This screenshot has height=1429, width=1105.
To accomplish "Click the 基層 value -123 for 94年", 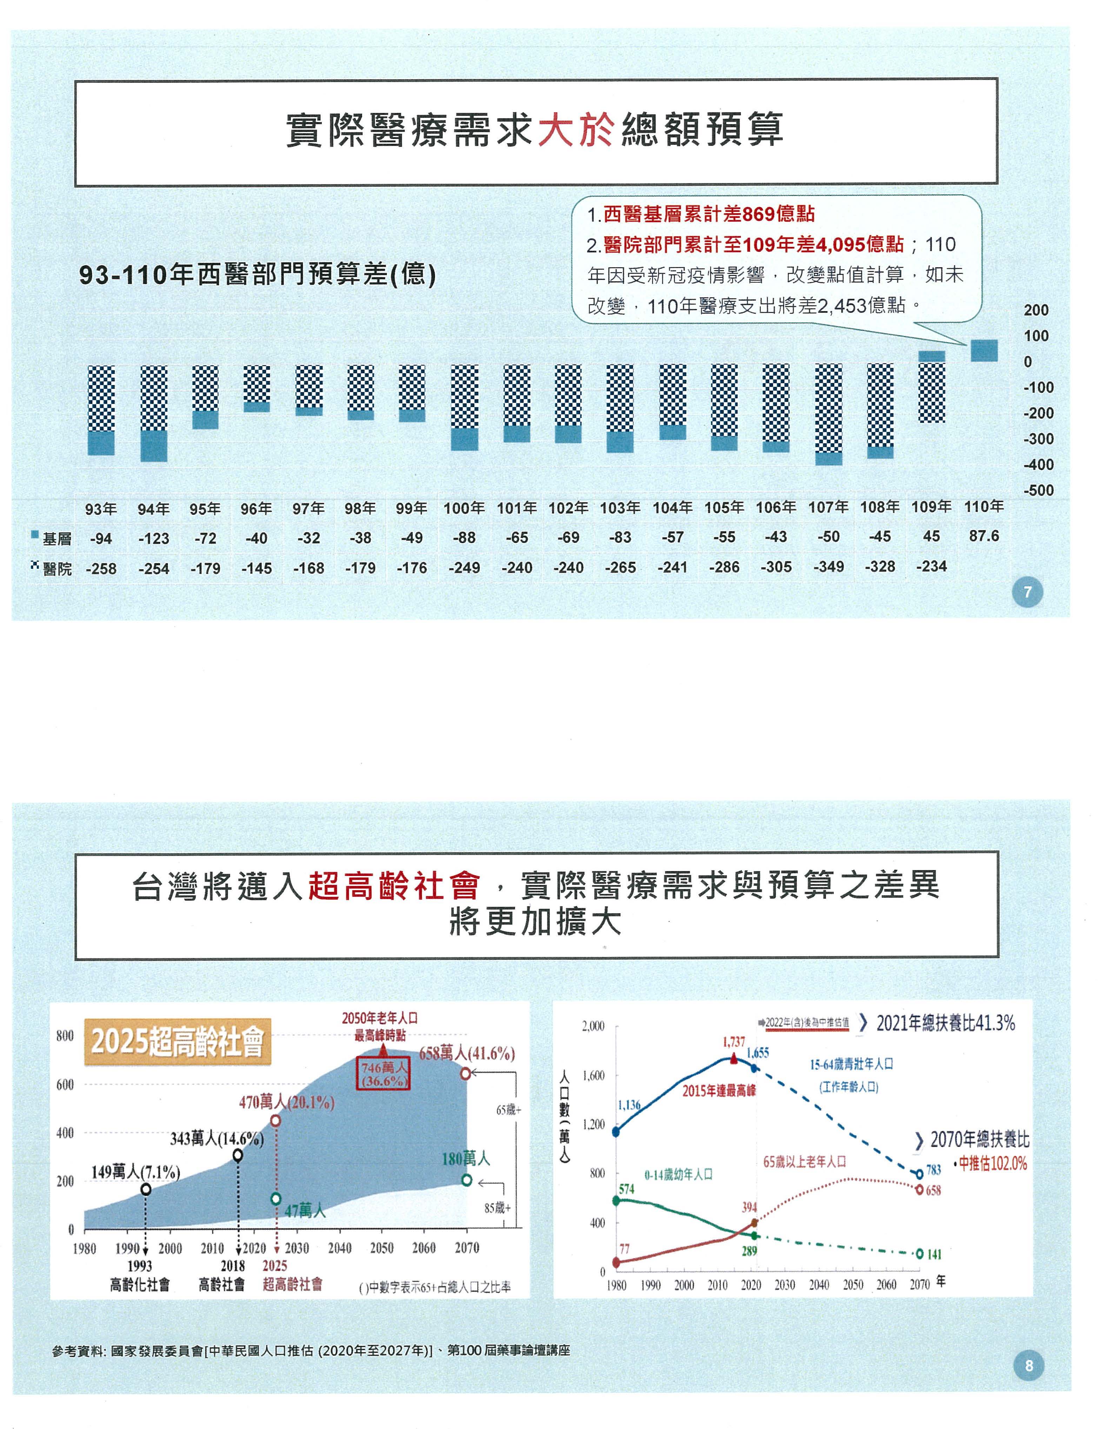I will click(x=154, y=539).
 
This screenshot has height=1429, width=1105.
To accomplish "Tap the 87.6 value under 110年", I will click(x=984, y=536).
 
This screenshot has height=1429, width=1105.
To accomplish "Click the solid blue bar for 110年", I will click(x=984, y=351).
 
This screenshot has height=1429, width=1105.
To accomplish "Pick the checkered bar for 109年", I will click(x=932, y=393).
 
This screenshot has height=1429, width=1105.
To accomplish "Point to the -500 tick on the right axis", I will click(x=1038, y=491).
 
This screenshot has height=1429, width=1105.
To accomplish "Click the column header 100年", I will click(x=464, y=508).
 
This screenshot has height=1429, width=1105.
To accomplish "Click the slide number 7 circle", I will click(x=1027, y=593).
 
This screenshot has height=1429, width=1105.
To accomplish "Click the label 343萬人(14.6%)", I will click(x=217, y=1139).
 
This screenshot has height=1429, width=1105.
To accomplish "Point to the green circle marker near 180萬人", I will click(x=466, y=1180).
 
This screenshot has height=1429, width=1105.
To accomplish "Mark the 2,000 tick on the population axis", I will click(x=593, y=1026).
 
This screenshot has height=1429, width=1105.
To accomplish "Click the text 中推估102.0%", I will click(x=992, y=1163).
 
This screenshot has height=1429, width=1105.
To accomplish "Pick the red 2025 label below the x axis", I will click(x=275, y=1266).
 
